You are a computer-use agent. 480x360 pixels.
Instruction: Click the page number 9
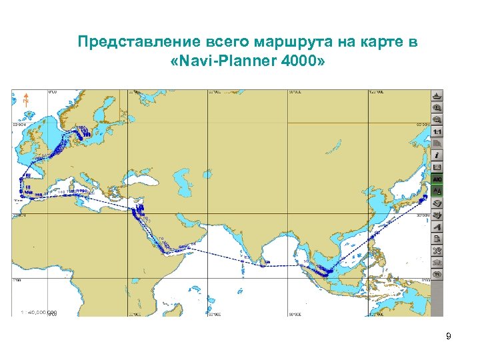click(x=449, y=337)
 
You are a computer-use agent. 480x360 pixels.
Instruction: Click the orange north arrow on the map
click(x=25, y=101)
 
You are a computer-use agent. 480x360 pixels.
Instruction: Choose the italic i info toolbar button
click(x=437, y=155)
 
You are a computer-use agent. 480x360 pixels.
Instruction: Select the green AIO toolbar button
click(x=437, y=179)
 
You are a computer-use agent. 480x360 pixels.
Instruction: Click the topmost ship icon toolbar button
click(x=437, y=97)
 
